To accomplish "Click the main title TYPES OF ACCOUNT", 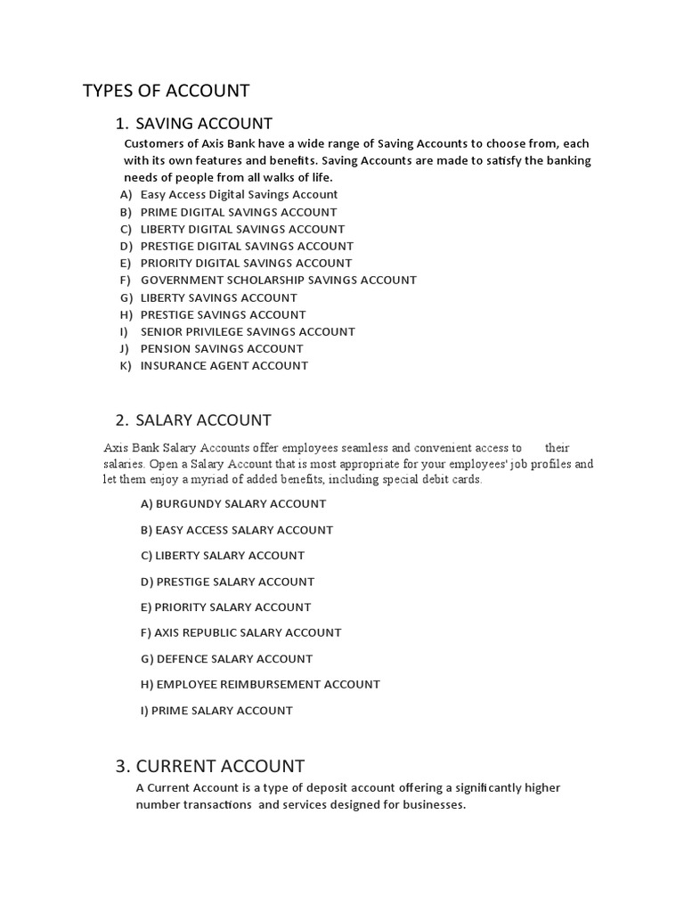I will tap(167, 90).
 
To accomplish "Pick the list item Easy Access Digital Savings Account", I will tap(239, 194).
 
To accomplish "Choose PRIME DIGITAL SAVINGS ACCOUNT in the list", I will tap(239, 212).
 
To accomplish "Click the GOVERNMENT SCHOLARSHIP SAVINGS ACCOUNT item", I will tap(278, 280).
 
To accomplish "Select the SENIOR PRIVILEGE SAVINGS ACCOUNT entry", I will tap(248, 331).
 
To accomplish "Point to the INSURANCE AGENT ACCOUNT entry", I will tap(224, 365).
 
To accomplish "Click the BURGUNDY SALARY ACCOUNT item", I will tap(233, 504).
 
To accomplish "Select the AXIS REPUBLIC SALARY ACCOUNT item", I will tap(240, 632).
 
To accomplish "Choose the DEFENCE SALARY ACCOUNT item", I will tap(226, 659).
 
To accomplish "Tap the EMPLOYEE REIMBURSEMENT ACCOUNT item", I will tap(260, 684).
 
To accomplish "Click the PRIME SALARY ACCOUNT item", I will tap(216, 711).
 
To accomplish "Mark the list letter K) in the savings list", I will tap(126, 365).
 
